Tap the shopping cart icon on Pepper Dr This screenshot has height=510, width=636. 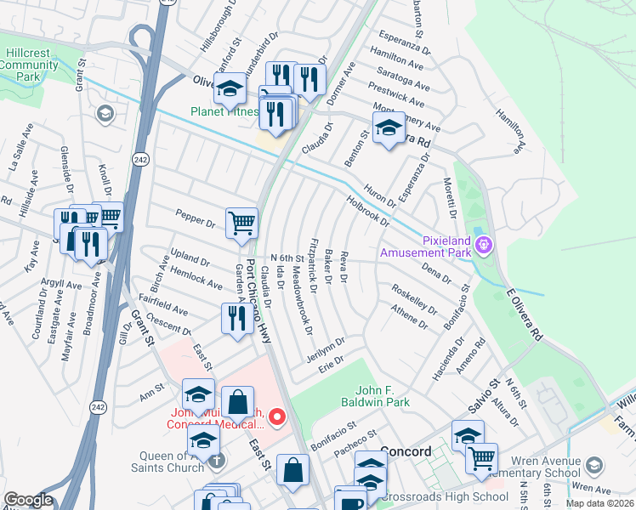pos(241,223)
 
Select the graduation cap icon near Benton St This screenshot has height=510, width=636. pos(389,128)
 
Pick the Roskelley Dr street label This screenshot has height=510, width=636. pos(413,299)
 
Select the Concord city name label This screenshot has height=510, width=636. pos(406,451)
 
